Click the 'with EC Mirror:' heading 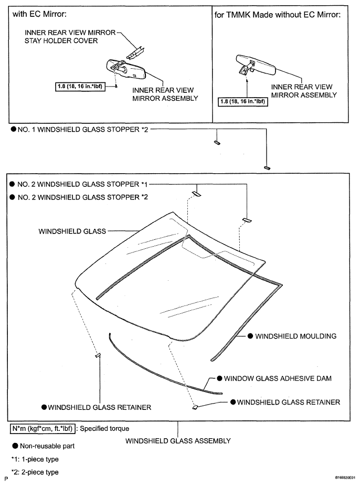point(39,14)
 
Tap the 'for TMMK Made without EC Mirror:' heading point(277,15)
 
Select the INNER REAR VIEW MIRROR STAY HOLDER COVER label point(70,37)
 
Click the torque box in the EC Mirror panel point(80,86)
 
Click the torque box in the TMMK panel point(243,101)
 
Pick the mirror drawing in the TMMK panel point(256,65)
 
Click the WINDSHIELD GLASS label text point(72,231)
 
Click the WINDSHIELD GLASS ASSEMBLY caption point(178,441)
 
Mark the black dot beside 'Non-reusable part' point(15,446)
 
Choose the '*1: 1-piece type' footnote point(35,459)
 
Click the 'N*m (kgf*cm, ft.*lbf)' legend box point(43,429)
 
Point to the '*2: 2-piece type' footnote point(35,472)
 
